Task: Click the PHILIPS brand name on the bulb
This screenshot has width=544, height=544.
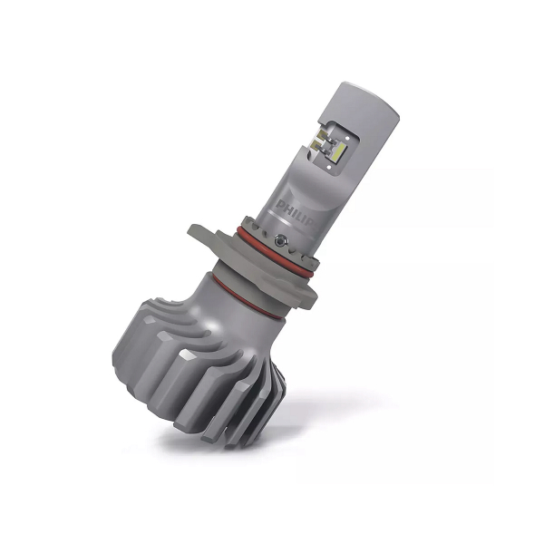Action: (297, 212)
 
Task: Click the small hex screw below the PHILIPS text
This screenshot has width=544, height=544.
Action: (280, 239)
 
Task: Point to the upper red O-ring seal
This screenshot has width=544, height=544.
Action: (274, 251)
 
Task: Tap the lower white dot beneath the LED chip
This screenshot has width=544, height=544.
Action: (329, 167)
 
